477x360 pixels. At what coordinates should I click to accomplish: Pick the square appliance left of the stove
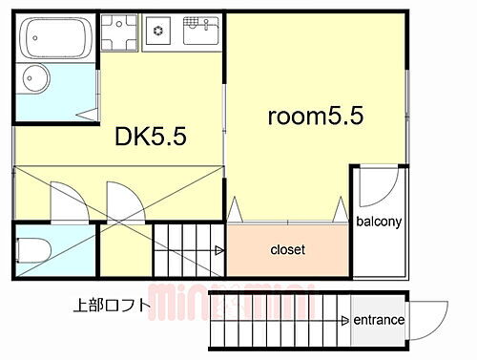[x=120, y=31]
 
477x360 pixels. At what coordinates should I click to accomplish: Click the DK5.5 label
[x=151, y=137]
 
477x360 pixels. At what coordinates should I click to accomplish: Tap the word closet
[x=287, y=250]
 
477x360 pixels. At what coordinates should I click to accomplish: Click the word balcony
[x=380, y=222]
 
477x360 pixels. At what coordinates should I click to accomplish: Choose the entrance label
[x=379, y=320]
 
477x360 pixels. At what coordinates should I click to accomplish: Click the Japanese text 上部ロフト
[x=111, y=307]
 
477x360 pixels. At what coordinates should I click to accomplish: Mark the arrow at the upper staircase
[x=218, y=250]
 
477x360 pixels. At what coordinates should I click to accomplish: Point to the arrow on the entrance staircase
[x=346, y=320]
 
